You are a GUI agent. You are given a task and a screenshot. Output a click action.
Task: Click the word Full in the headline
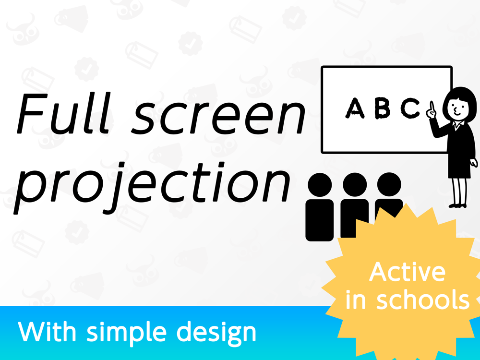click(x=63, y=113)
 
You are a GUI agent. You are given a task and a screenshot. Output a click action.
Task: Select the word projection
click(x=152, y=187)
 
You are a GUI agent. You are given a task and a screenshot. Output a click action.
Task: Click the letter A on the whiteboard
click(x=355, y=108)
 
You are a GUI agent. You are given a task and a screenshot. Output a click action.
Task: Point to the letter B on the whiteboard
click(x=383, y=108)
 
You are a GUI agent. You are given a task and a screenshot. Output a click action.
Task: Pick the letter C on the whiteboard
click(x=410, y=108)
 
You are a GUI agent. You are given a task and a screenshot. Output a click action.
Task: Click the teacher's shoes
click(x=457, y=206)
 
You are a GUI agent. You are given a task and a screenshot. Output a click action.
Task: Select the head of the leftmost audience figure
click(x=320, y=185)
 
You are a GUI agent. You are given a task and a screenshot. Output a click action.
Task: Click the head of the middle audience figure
click(x=355, y=185)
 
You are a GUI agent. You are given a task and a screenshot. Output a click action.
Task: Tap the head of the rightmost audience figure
click(x=389, y=184)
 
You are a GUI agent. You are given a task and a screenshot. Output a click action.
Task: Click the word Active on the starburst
click(x=407, y=272)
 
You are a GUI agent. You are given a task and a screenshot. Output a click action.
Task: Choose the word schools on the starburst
click(x=422, y=299)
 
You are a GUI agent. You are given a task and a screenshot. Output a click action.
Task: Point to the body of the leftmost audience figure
click(x=320, y=220)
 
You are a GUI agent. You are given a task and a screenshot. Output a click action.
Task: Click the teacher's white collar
click(x=458, y=125)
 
